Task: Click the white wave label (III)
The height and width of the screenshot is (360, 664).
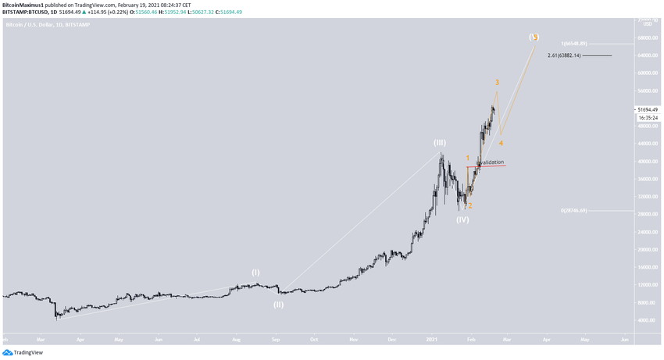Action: point(440,143)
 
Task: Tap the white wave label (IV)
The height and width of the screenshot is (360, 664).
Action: point(462,219)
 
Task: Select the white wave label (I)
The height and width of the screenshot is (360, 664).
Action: point(255,273)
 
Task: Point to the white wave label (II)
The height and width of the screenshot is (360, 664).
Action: point(278,305)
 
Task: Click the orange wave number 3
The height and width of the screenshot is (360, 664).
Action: point(497,83)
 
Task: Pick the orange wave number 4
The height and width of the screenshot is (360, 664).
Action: point(501,143)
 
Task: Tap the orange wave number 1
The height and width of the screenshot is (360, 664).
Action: point(468,158)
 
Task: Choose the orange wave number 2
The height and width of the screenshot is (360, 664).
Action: point(469,206)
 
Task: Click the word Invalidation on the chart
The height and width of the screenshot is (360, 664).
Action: point(490,162)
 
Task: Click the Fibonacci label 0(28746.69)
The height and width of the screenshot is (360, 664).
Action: point(573,211)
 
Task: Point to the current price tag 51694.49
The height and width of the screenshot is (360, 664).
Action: point(648,110)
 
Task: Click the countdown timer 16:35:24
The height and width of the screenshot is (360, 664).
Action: point(648,118)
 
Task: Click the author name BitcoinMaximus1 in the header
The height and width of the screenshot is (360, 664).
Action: point(23,5)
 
